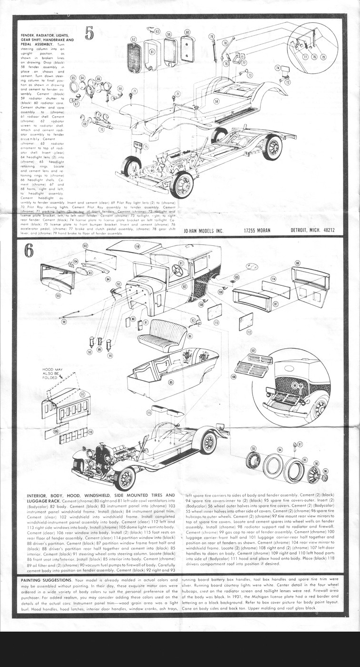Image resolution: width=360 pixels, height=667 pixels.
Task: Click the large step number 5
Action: (90, 32)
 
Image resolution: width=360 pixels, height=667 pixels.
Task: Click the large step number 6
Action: (29, 251)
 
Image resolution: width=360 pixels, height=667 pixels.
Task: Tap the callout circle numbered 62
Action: (133, 39)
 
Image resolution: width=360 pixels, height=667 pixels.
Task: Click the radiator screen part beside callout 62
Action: (134, 58)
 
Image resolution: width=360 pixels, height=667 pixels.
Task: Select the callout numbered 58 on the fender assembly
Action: (216, 101)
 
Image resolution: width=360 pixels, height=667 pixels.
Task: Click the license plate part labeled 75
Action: (139, 144)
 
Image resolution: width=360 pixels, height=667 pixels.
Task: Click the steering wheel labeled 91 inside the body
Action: (178, 271)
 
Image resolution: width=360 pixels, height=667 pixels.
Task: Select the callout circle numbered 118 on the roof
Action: (137, 246)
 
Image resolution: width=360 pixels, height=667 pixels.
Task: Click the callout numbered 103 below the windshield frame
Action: (58, 296)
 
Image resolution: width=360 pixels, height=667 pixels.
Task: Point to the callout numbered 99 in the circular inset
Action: (295, 385)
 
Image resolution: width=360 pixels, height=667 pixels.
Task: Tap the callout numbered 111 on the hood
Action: (82, 394)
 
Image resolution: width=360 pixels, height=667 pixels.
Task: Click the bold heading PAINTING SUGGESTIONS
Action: (46, 580)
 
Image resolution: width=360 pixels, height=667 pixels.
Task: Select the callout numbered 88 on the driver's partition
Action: (297, 263)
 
